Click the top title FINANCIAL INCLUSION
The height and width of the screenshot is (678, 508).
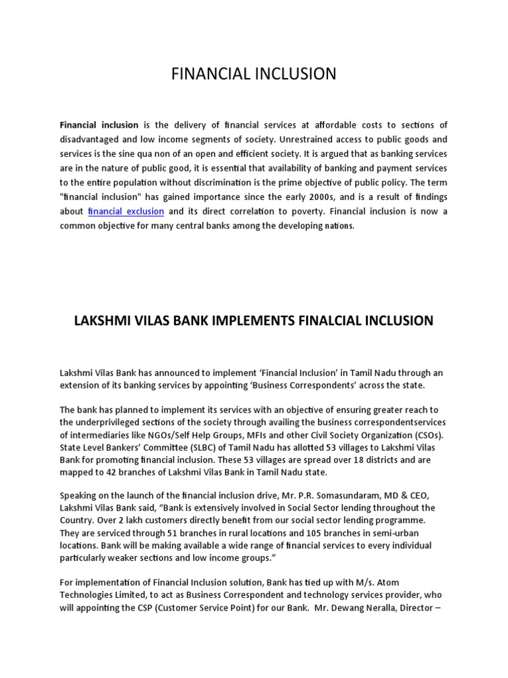(254, 73)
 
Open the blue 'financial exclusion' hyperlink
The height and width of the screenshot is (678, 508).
(126, 211)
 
